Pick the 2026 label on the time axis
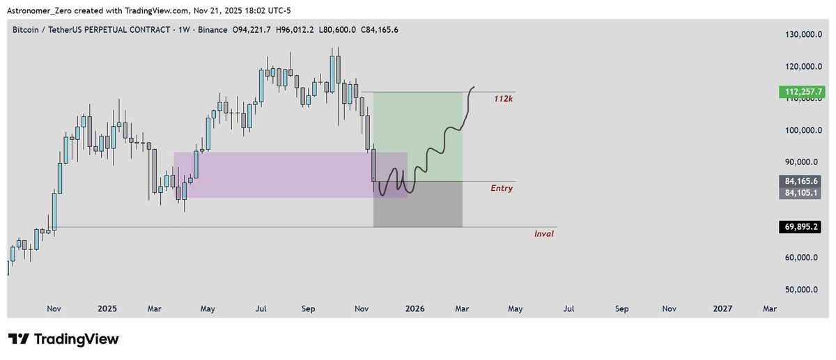(415, 308)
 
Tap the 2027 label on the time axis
(722, 308)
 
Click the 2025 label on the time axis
(107, 308)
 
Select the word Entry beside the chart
(501, 188)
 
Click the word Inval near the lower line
(543, 234)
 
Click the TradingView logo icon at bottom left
(19, 339)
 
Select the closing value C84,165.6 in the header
(374, 29)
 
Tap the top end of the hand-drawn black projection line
(475, 87)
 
